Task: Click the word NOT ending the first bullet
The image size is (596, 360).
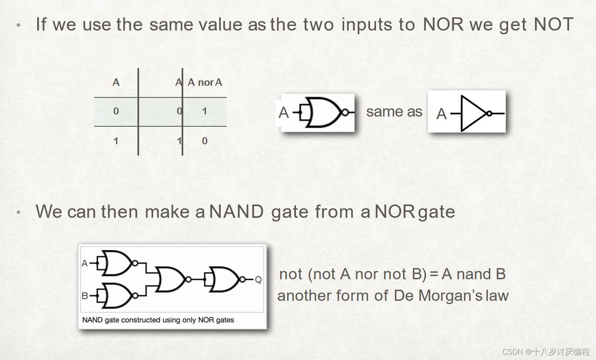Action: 553,24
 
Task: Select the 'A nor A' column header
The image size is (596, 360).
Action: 205,83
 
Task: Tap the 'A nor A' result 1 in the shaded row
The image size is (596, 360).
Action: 204,111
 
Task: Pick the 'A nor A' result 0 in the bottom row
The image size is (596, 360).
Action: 205,141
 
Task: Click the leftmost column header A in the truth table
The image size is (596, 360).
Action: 116,83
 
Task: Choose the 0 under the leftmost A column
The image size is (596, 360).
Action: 116,111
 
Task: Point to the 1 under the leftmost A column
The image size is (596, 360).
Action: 116,141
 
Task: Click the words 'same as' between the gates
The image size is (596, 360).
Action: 394,111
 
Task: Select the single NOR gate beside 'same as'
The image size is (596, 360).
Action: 324,112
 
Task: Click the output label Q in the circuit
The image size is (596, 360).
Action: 258,280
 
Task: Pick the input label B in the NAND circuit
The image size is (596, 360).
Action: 85,296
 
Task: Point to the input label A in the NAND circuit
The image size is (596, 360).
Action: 85,263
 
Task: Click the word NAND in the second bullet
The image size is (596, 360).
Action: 237,212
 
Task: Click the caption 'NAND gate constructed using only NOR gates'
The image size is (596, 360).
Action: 158,320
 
